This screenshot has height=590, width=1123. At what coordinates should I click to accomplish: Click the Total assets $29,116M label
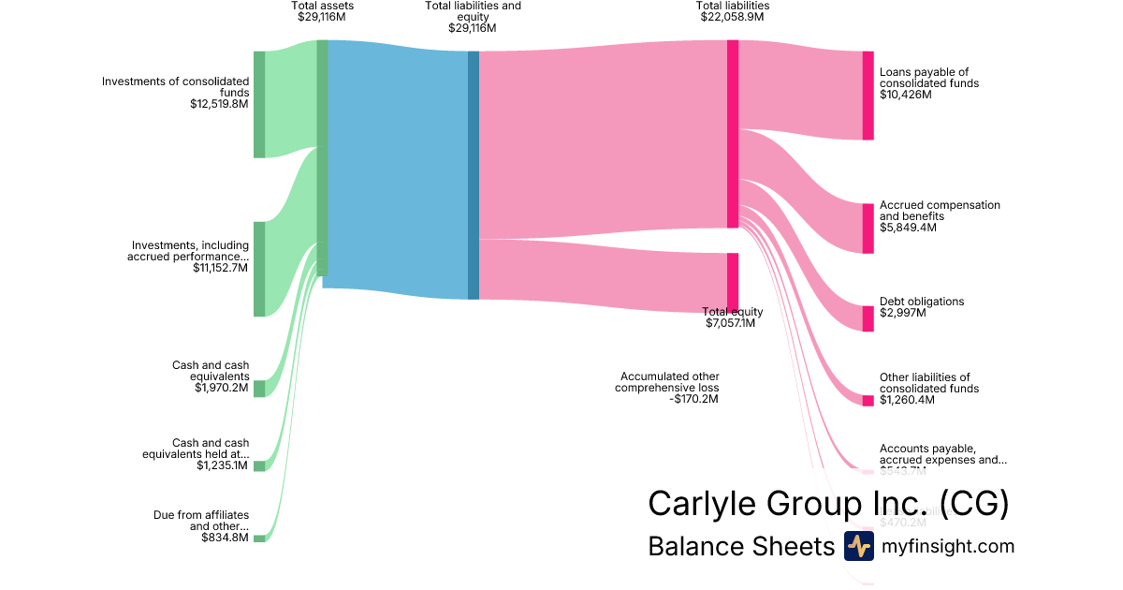point(322,11)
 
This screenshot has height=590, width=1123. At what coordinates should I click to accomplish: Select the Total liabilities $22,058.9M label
point(733,11)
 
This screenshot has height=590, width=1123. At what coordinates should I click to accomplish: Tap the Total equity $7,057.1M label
point(732,317)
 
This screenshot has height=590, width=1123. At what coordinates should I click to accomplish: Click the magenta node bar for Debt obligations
point(868,318)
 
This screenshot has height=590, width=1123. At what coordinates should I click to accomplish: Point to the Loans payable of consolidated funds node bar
point(868,96)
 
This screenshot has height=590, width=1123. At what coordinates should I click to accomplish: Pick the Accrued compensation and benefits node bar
point(868,228)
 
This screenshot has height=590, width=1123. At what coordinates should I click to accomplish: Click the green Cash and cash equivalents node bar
point(259,389)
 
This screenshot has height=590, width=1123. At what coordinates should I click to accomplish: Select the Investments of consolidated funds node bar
point(259,104)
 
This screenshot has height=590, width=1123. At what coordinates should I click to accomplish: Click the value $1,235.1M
point(223,465)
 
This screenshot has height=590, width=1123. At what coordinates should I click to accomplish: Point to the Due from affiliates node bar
point(259,538)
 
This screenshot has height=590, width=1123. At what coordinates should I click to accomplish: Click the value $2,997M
point(902,313)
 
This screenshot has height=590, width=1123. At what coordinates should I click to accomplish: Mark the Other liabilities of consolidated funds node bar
point(868,401)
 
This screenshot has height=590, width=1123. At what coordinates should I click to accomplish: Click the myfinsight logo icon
point(858,546)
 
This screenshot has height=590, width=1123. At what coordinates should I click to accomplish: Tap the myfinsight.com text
point(948,546)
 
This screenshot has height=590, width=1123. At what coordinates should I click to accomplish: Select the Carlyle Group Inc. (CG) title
point(828,504)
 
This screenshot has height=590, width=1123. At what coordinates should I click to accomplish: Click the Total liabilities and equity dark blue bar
point(474,175)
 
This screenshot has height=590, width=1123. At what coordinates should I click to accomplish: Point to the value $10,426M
point(905,95)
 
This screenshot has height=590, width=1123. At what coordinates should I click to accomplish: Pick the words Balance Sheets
point(740,547)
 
